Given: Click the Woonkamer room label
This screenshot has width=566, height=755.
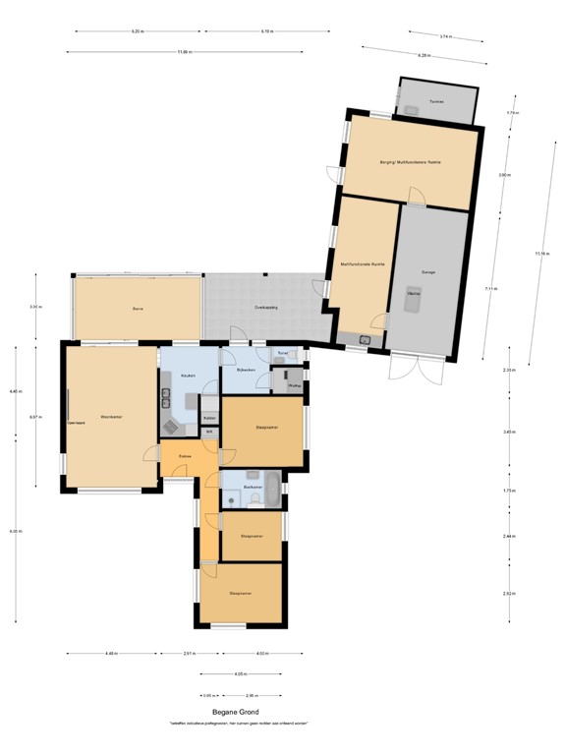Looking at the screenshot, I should (x=110, y=417).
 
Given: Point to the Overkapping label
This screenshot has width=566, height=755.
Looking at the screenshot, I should (x=265, y=308).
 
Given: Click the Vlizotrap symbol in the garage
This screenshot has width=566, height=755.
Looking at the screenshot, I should (x=414, y=302).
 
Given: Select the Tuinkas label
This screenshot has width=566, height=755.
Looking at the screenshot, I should (x=437, y=101).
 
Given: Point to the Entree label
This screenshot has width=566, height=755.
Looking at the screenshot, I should (x=185, y=456).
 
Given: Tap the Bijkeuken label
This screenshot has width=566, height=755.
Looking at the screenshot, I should (x=246, y=370).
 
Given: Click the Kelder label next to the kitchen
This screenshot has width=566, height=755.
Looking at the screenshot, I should (x=209, y=418).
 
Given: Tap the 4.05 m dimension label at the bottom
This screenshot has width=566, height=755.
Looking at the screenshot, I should (x=241, y=674).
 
